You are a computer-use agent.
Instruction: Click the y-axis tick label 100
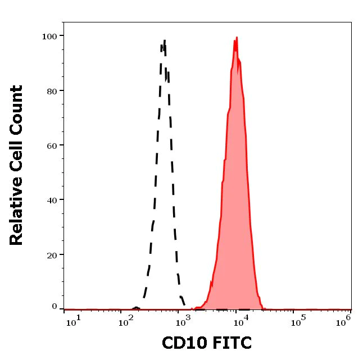[x=49, y=37]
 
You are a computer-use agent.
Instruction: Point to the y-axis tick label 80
[x=52, y=91]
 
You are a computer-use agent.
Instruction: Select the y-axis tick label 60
[x=52, y=145]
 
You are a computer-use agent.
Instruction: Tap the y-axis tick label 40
[x=52, y=200]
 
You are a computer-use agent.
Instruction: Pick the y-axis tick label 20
[x=52, y=255]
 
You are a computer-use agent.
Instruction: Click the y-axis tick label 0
[x=55, y=307]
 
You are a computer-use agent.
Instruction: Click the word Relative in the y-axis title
[x=16, y=215]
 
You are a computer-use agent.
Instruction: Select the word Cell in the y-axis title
[x=16, y=162]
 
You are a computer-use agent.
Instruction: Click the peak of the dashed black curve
[x=164, y=40]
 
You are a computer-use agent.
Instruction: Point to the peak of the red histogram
[x=237, y=38]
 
